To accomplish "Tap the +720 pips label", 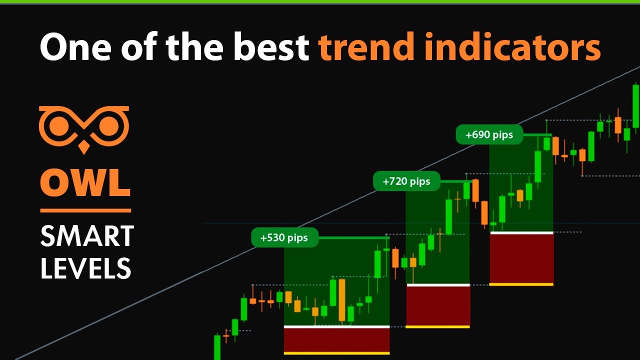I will click(x=406, y=181).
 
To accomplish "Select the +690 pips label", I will click(x=489, y=135).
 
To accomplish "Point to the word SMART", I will click(x=87, y=236).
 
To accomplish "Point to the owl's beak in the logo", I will click(x=84, y=147).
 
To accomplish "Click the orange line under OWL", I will click(x=85, y=211).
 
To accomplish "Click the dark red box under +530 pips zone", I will click(x=336, y=340).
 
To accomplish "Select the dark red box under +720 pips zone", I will click(x=438, y=306).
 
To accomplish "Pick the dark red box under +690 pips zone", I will click(x=521, y=258).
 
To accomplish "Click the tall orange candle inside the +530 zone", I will click(x=342, y=300).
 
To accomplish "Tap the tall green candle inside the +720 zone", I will click(x=449, y=217).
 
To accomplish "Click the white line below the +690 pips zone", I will click(x=521, y=232).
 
